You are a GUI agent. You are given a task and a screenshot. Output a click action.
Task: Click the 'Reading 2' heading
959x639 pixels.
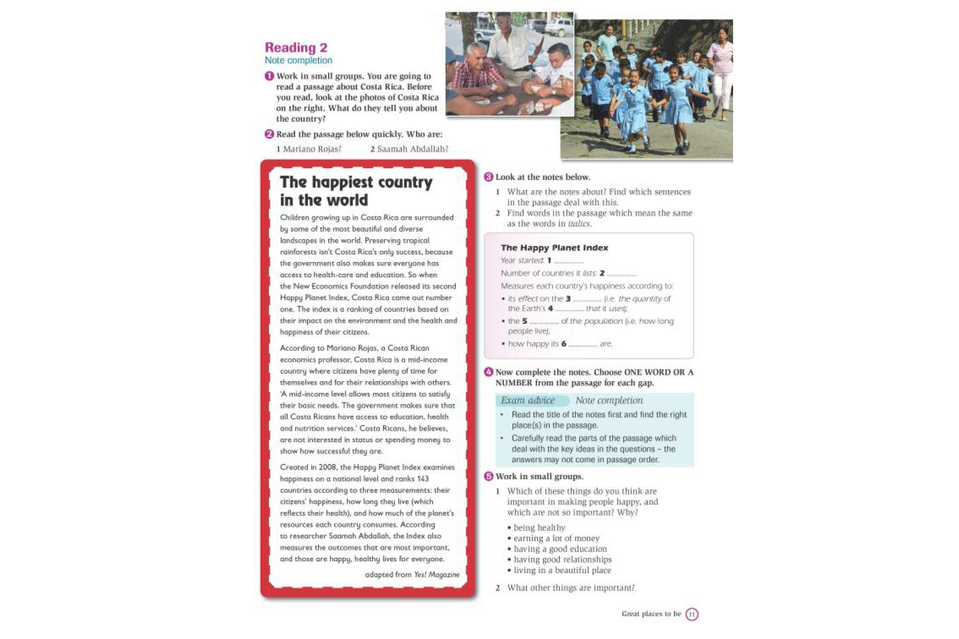296,47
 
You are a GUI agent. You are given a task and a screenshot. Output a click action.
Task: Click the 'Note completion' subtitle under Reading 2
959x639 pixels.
298,61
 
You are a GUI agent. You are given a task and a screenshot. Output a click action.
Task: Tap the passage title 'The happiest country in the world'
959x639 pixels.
356,191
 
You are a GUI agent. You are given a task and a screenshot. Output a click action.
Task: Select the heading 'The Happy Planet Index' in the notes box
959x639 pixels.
554,248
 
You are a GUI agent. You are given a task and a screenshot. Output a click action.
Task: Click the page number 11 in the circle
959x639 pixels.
692,615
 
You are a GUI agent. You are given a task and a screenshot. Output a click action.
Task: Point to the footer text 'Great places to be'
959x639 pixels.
651,614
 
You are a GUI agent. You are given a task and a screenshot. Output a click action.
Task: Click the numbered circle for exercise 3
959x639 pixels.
489,177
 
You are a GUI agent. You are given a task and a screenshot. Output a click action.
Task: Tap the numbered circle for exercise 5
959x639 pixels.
489,477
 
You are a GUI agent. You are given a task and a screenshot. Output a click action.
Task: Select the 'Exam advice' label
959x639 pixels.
527,400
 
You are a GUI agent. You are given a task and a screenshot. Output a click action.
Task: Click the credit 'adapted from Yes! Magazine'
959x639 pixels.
412,575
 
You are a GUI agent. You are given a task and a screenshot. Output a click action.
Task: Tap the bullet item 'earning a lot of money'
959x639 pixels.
556,538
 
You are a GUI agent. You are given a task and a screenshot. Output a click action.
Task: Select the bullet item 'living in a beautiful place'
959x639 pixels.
562,570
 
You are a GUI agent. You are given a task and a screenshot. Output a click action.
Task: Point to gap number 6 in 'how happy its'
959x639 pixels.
582,345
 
